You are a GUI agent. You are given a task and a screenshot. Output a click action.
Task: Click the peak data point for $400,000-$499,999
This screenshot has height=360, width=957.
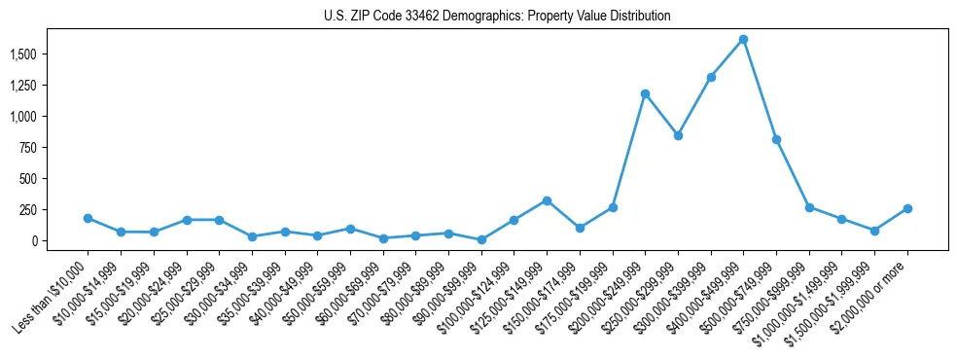(743, 39)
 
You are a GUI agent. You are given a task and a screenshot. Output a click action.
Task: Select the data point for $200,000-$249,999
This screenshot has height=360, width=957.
(645, 93)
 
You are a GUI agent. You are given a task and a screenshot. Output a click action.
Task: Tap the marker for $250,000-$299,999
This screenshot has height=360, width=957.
(678, 135)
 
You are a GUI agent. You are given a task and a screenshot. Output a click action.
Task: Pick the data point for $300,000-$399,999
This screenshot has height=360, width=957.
(711, 77)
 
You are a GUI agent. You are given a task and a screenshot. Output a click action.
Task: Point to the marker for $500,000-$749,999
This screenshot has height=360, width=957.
(776, 139)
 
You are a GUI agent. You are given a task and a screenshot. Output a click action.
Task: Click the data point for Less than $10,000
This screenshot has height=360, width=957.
(88, 218)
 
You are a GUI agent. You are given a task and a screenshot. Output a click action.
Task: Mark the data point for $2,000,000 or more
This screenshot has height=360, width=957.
(907, 208)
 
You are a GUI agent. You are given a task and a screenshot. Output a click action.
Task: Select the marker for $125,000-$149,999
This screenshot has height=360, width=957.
(547, 200)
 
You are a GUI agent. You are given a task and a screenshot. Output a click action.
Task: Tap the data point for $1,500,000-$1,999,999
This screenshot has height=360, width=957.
(874, 231)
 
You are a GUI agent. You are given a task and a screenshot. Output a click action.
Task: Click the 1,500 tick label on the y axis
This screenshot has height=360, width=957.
(22, 54)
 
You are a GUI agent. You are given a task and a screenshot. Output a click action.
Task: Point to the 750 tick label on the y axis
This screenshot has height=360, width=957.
(28, 148)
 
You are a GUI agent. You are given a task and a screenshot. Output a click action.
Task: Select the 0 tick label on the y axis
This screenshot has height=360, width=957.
(34, 240)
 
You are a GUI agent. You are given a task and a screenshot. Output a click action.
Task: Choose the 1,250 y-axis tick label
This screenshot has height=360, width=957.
(22, 86)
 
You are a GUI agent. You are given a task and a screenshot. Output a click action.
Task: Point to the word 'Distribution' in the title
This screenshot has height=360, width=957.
(638, 16)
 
